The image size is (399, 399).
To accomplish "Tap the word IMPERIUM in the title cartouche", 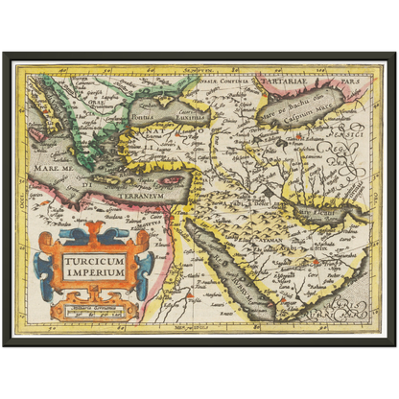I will [95, 271].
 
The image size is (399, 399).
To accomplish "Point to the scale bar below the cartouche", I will [94, 310].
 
